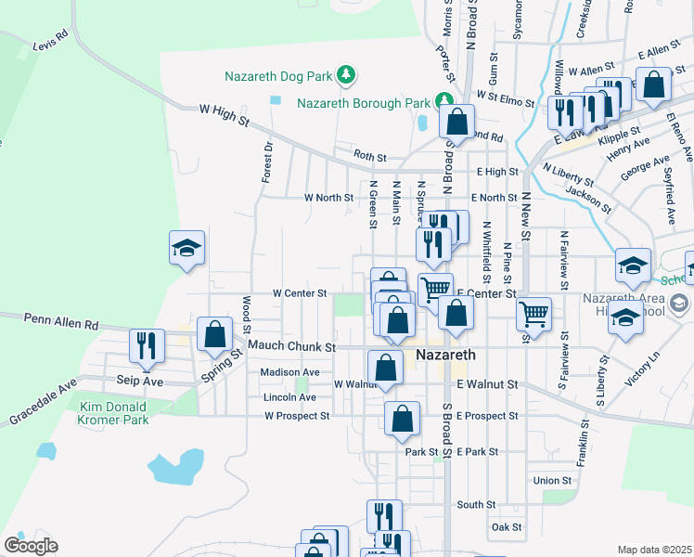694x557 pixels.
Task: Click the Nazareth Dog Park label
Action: [x=279, y=74]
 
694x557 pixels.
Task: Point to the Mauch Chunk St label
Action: [x=291, y=346]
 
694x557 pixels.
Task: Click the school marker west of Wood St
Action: [x=186, y=248]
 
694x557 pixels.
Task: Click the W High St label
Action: [x=225, y=110]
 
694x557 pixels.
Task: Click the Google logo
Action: [x=31, y=546]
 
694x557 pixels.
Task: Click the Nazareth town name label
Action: [x=446, y=356]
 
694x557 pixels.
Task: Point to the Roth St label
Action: [x=369, y=156]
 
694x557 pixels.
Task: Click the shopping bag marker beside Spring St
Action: [x=214, y=335]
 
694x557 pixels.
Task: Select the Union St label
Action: [x=553, y=480]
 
